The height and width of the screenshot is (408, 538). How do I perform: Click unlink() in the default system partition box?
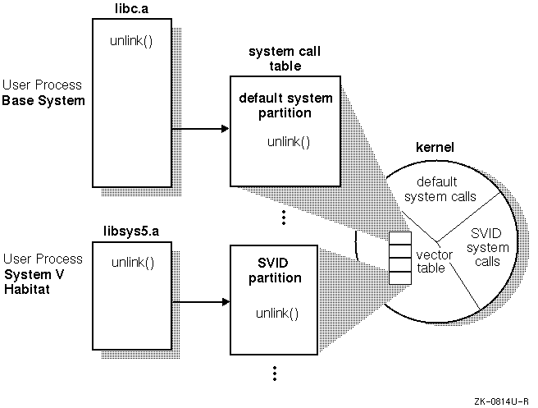click(x=289, y=141)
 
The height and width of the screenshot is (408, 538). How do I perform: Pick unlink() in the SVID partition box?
click(x=276, y=314)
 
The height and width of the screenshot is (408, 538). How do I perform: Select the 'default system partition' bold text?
click(x=285, y=106)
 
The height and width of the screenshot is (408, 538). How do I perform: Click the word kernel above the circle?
click(x=435, y=148)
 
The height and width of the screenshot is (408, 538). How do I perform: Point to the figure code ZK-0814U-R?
click(x=500, y=401)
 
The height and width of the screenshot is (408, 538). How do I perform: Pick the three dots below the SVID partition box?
click(x=275, y=374)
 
